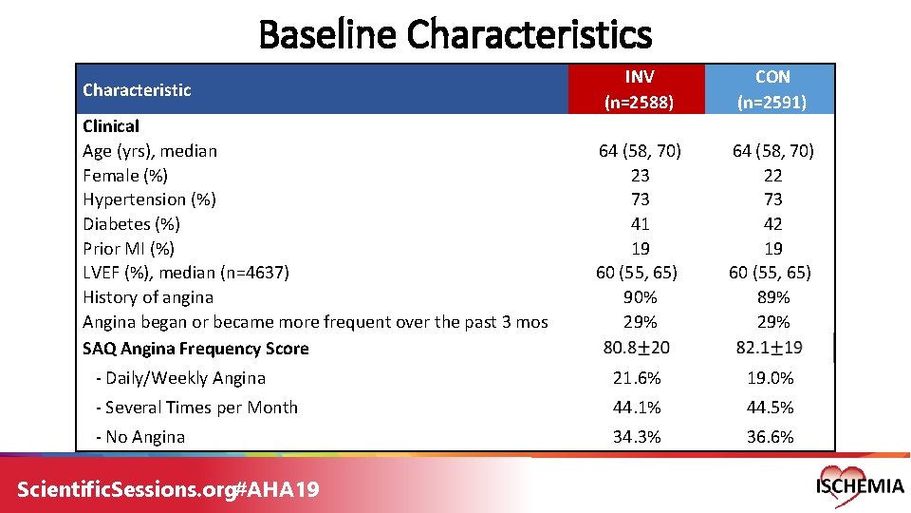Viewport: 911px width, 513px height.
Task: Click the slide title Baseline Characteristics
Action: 455,35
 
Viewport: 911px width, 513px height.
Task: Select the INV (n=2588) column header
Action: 639,89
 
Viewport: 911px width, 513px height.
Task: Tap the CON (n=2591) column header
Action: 772,89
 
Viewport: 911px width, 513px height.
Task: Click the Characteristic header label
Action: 137,90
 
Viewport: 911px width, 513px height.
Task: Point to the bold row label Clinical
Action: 111,126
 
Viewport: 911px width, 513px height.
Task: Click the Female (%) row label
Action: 125,175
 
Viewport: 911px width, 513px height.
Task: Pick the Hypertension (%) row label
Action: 149,199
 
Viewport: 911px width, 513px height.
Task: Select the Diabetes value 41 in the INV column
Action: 640,224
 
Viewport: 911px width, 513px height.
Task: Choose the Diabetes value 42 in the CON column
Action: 772,224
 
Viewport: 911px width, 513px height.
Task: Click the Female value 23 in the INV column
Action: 640,175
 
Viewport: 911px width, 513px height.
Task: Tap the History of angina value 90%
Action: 640,297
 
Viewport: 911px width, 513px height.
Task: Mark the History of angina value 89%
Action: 772,297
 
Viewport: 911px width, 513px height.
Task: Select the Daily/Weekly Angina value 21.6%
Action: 637,378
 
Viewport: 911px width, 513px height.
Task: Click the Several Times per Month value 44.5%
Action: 770,408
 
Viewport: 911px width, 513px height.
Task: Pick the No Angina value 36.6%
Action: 770,437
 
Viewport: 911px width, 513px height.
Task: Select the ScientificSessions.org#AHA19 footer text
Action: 169,489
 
